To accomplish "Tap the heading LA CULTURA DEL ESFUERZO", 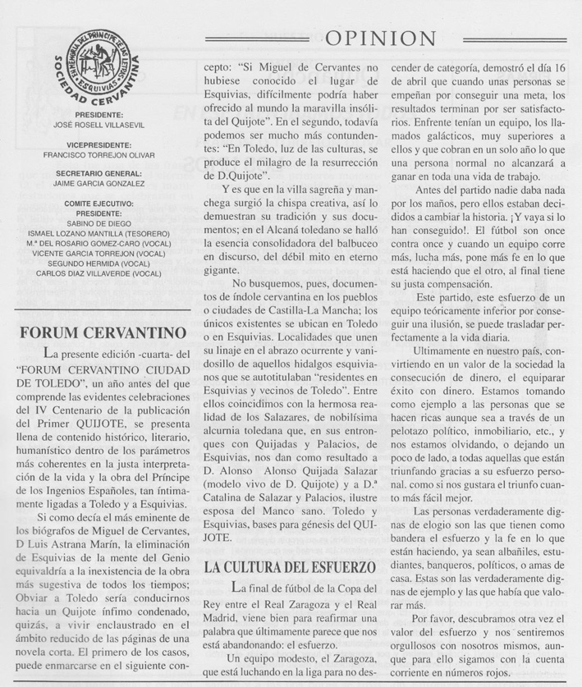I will [x=289, y=566].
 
